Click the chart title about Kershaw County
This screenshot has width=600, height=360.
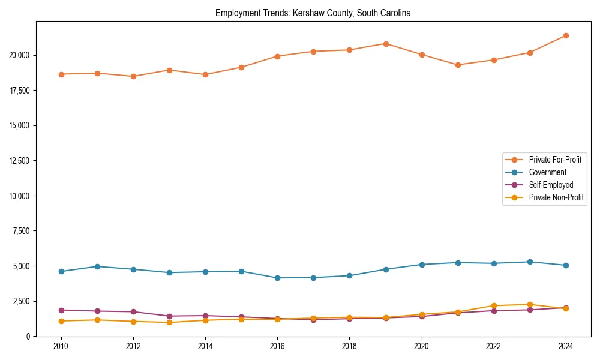313,13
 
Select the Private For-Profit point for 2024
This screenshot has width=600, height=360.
566,36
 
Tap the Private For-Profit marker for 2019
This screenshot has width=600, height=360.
386,44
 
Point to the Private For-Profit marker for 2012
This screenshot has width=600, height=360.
133,76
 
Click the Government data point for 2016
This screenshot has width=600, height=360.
277,278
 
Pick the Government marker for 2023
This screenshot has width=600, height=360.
530,262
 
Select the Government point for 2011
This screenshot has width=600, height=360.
97,266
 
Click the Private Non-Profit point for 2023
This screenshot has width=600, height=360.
530,304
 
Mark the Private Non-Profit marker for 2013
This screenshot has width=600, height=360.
169,322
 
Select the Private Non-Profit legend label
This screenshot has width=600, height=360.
556,197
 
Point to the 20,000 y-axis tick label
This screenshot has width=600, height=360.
19,55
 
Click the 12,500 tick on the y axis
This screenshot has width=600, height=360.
19,161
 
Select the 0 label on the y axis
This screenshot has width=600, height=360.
28,337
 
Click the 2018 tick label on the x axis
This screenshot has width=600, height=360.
349,346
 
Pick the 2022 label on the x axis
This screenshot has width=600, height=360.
494,346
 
